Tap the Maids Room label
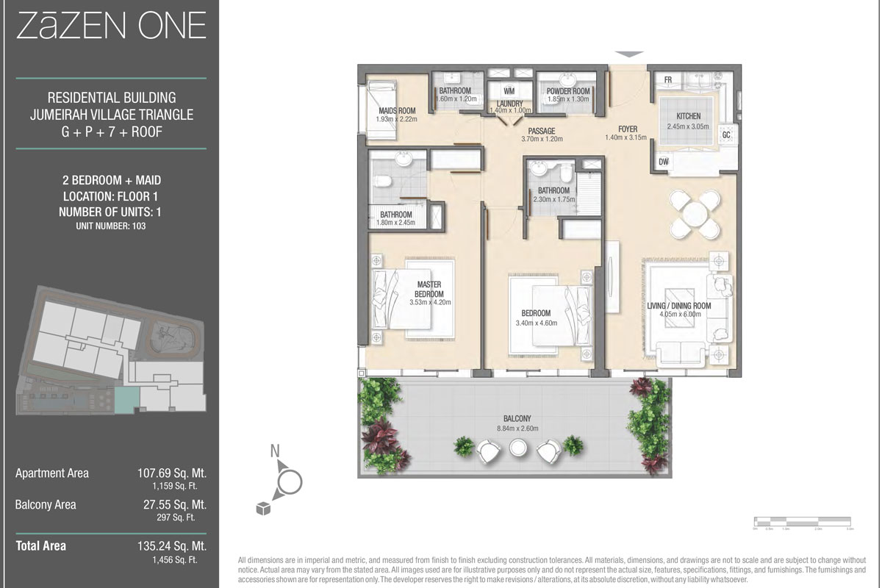396,111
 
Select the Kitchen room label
689,116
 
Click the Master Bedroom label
430,289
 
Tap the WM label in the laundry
509,90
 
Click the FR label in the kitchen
669,79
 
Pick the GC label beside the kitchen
726,135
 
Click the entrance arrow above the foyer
628,54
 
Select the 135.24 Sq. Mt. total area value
172,546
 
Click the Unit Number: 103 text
110,226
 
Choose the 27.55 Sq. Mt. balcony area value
175,505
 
